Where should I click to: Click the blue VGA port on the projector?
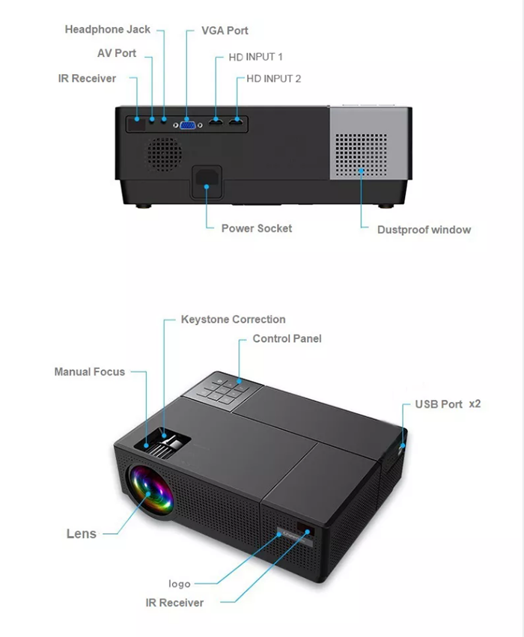point(188,124)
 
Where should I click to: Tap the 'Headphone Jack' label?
point(107,30)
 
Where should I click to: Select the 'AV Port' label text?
point(117,54)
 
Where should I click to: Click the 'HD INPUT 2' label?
point(274,79)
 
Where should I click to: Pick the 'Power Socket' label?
point(257,228)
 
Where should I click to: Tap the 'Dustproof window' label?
point(424,230)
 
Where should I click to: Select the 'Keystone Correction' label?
point(233,320)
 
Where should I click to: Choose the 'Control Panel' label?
point(287,339)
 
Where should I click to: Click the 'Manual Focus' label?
point(89,372)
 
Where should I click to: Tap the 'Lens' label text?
point(82,534)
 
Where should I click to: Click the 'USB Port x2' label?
point(448,404)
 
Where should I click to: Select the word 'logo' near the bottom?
point(180,584)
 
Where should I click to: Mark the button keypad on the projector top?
point(222,390)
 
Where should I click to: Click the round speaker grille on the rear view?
point(163,153)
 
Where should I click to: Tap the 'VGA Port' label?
point(225,31)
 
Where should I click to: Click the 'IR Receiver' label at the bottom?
point(174,603)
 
